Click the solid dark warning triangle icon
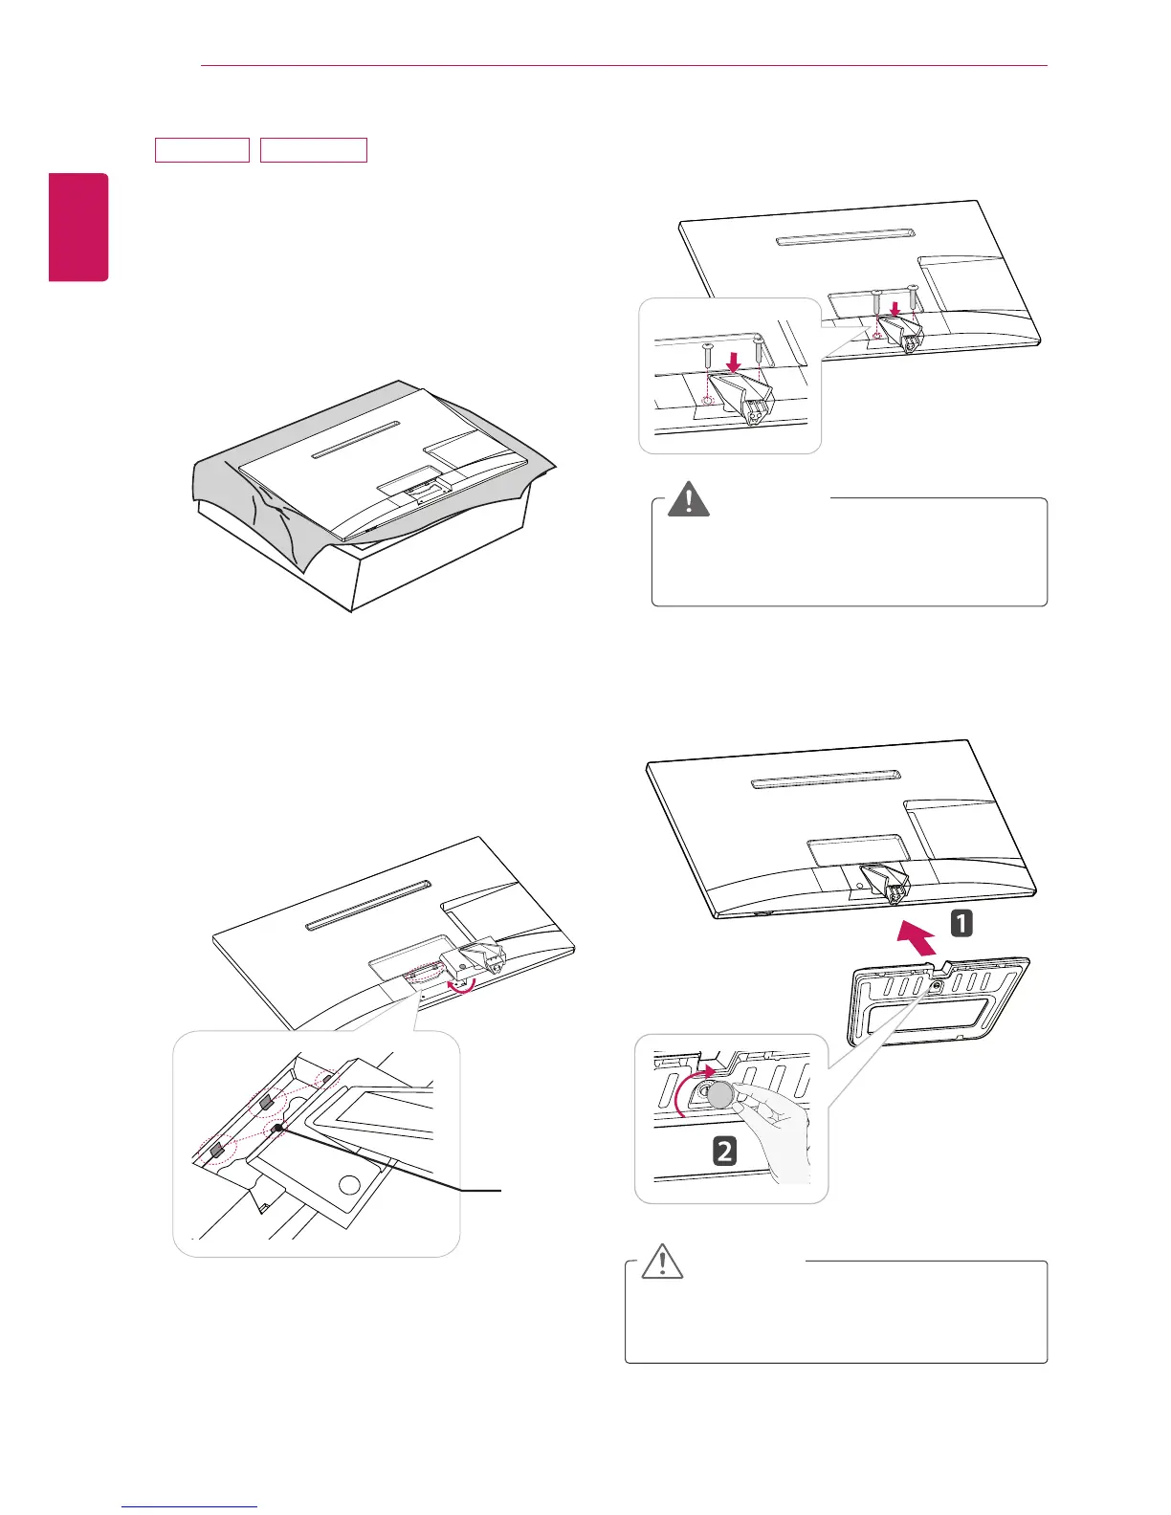coord(687,500)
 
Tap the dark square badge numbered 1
coord(961,924)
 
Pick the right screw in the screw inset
coord(759,347)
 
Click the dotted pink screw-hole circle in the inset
coord(707,401)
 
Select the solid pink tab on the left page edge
coord(79,227)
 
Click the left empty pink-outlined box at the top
coord(202,150)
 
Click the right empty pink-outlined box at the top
coord(314,150)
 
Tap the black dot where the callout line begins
coord(276,1130)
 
